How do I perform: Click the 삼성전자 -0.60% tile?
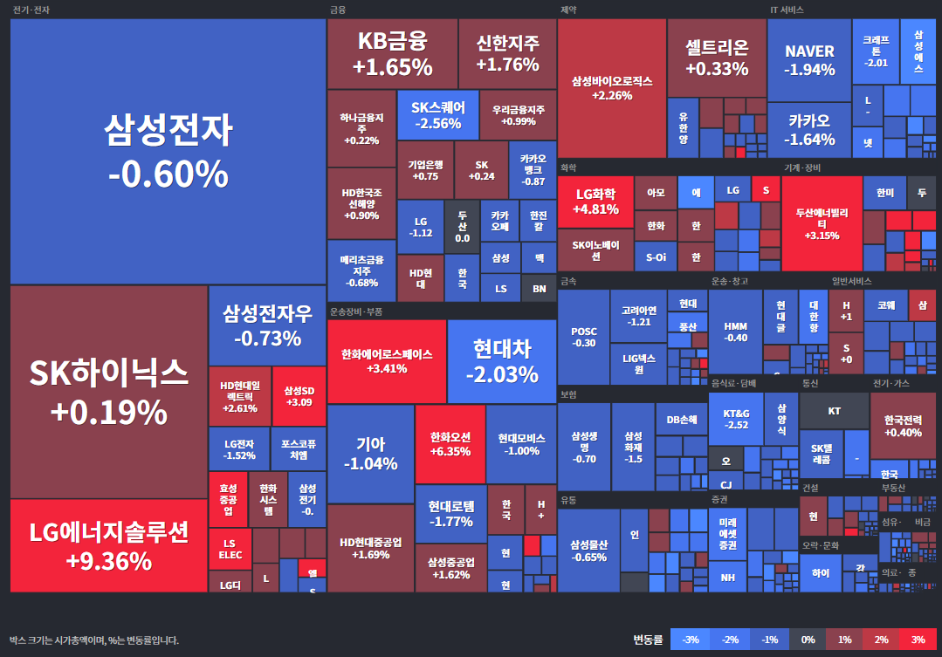pyautogui.click(x=168, y=151)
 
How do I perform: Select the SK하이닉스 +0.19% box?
pyautogui.click(x=108, y=391)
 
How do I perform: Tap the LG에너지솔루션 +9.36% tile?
pyautogui.click(x=108, y=545)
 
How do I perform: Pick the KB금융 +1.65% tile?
pyautogui.click(x=392, y=53)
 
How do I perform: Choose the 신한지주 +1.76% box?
pyautogui.click(x=507, y=53)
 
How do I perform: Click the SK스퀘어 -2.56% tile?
pyautogui.click(x=437, y=115)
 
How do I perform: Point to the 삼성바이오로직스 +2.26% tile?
pyautogui.click(x=611, y=88)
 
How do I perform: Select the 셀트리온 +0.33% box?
pyautogui.click(x=717, y=58)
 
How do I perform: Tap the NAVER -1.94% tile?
pyautogui.click(x=809, y=59)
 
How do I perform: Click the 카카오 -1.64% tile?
pyautogui.click(x=809, y=129)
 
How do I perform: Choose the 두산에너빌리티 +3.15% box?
pyautogui.click(x=822, y=223)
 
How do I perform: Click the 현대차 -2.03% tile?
pyautogui.click(x=501, y=361)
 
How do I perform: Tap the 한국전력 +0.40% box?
pyautogui.click(x=903, y=425)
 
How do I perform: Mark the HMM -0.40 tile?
pyautogui.click(x=736, y=332)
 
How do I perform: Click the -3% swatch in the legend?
pyautogui.click(x=690, y=640)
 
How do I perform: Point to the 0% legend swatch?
pyautogui.click(x=808, y=640)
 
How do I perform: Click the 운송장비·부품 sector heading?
pyautogui.click(x=355, y=311)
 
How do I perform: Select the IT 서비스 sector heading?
pyautogui.click(x=787, y=10)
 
